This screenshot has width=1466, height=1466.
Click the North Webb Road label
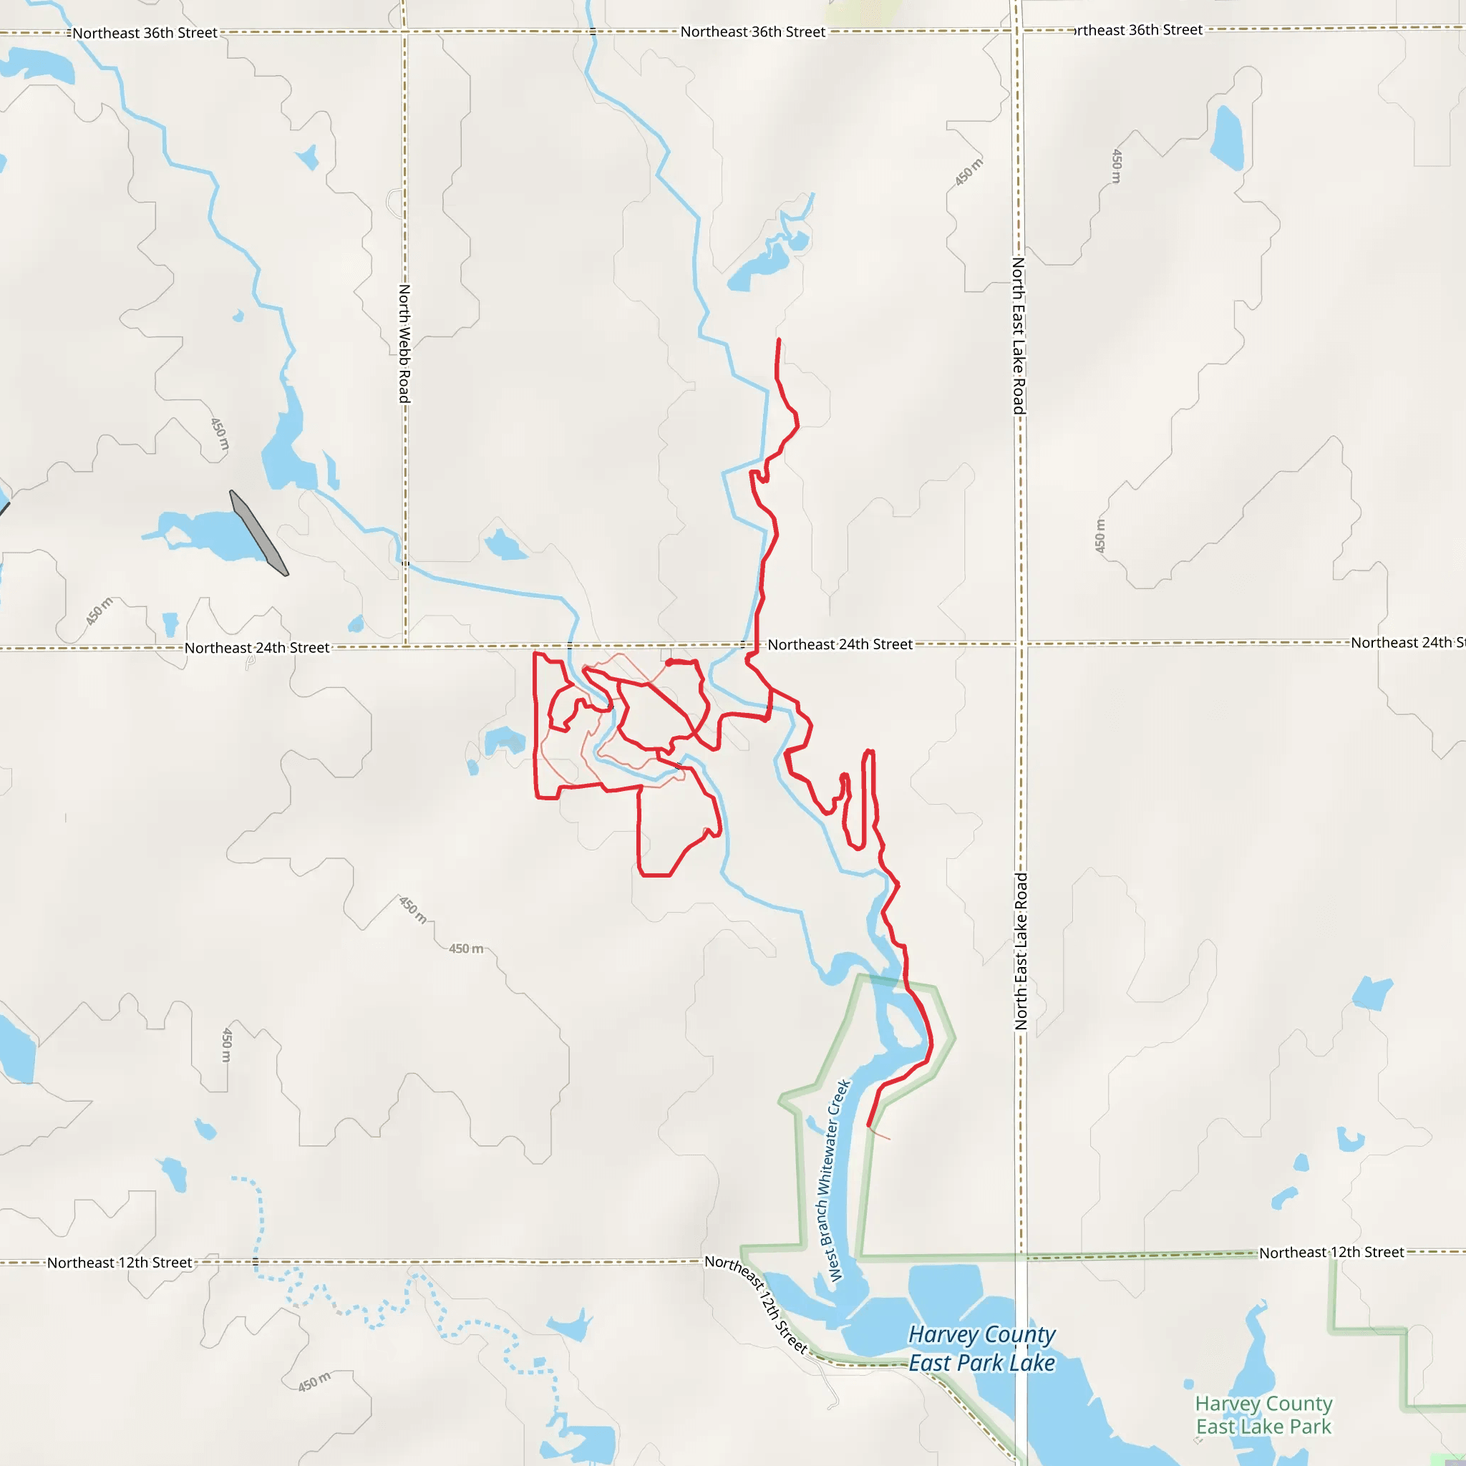[404, 344]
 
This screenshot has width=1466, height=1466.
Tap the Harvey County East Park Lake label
[981, 1349]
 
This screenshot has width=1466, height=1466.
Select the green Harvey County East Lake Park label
[1263, 1415]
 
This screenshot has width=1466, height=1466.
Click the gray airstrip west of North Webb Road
[258, 533]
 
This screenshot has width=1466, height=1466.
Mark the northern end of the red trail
[780, 340]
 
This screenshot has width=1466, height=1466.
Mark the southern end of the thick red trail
[868, 1125]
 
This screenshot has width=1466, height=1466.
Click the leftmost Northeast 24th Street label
[256, 648]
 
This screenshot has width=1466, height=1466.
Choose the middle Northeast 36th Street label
[752, 32]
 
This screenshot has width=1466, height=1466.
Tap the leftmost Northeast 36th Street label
[144, 34]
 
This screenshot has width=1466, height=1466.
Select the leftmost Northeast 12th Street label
[119, 1263]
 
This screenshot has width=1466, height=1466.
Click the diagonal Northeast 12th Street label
[755, 1304]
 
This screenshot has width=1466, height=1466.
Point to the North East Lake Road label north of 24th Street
[1019, 336]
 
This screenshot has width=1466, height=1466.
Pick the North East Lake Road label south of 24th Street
[1021, 951]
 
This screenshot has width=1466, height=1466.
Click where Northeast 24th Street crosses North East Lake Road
[1021, 644]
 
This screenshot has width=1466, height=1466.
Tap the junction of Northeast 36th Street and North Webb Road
[404, 32]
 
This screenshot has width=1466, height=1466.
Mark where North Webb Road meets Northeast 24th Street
[405, 646]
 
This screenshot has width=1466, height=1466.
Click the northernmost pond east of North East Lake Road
[1227, 138]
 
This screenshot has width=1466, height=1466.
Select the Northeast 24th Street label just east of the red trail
[839, 644]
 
